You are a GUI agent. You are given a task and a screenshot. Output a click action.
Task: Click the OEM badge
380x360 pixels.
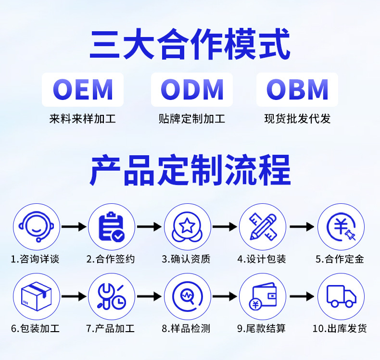pos(83,89)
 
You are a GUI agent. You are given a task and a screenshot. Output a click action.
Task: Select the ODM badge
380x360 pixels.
pos(191,89)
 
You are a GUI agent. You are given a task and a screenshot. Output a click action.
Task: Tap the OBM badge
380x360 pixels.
pos(297,89)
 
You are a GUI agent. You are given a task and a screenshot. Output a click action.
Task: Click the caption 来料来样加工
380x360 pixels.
pos(83,119)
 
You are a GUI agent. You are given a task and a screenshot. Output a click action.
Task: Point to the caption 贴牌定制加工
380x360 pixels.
pos(191,119)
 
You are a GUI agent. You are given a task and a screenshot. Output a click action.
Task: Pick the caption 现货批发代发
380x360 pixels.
pos(297,119)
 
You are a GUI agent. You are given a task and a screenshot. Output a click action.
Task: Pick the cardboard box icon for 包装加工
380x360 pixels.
pos(36,297)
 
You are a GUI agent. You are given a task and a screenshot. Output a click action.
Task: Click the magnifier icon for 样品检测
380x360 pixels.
pos(188,297)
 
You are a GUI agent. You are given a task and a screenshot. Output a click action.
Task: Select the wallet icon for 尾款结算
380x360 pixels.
pos(263,297)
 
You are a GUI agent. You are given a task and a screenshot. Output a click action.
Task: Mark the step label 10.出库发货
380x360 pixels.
pos(340,329)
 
